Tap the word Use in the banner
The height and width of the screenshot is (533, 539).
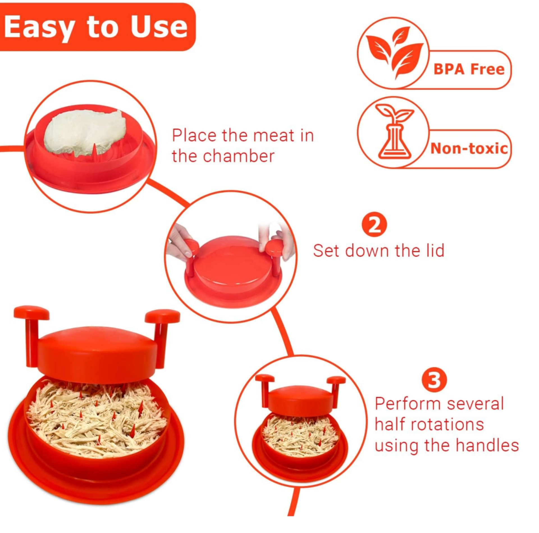[x=159, y=27]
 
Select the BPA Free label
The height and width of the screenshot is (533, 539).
[x=469, y=69]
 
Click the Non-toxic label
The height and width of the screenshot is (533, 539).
[x=469, y=148]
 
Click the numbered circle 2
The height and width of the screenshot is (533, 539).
[x=374, y=225]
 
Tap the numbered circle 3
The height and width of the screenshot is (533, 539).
[x=434, y=380]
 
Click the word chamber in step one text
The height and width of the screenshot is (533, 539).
[x=238, y=156]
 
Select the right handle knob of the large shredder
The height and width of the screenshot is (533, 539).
[x=162, y=316]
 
